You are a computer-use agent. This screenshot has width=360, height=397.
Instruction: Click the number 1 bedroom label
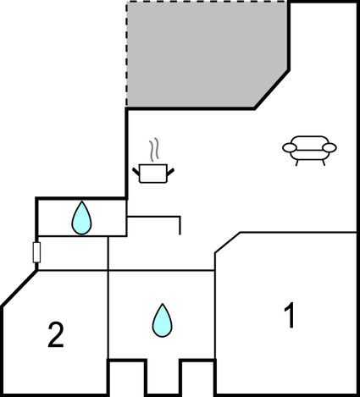coord(290,316)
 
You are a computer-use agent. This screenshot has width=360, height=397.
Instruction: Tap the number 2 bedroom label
coord(56,334)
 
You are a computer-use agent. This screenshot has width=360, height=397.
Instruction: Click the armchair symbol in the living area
coord(309,151)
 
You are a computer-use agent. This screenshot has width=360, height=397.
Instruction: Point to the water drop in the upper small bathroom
coord(81,218)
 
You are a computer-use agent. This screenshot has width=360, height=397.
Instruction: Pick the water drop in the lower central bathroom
coord(163,320)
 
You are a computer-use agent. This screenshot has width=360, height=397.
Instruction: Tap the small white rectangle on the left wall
coord(36,252)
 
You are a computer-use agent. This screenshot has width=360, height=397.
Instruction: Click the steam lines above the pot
coord(154,150)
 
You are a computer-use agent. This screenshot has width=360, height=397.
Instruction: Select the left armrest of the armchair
coord(290,147)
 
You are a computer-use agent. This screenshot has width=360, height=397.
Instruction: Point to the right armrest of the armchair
coord(330,147)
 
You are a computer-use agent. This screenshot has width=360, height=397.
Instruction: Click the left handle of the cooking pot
coord(136,171)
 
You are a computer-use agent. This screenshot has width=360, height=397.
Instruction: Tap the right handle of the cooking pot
coord(170,171)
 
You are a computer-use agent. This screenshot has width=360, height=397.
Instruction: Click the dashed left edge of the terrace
coord(126,54)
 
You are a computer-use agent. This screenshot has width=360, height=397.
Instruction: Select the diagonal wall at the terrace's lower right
coord(272,90)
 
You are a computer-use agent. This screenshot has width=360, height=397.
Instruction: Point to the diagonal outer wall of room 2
coord(19,289)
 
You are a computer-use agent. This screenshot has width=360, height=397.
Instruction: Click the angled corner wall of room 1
coord(228,243)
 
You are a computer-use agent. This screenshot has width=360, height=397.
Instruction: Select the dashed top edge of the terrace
coord(208,2)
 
